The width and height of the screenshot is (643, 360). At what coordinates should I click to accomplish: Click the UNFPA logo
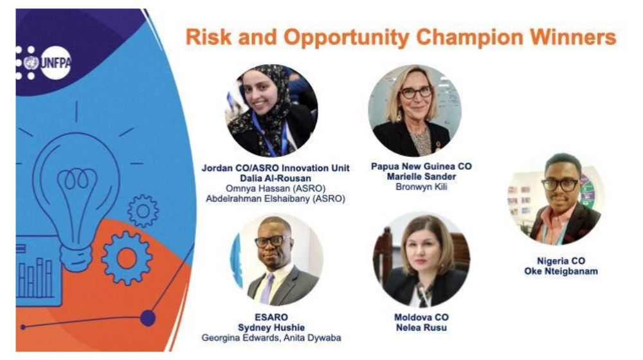[44, 63]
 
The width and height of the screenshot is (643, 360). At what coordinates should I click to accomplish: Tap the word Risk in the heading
[208, 37]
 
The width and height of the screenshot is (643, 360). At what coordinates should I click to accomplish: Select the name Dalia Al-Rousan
[276, 178]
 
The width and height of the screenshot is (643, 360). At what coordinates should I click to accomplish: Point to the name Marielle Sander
[421, 177]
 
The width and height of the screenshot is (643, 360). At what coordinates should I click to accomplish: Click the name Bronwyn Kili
[421, 187]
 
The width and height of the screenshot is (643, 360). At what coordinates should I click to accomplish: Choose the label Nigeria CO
[561, 261]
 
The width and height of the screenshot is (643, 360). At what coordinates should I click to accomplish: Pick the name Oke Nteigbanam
[561, 271]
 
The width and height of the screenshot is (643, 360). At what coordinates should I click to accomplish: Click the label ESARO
[271, 317]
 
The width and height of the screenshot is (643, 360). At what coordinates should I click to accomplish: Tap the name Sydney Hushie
[271, 328]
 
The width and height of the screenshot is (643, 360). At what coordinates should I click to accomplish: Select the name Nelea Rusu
[421, 328]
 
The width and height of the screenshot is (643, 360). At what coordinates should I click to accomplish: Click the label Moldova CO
[421, 318]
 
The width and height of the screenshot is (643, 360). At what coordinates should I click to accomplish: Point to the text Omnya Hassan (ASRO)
[276, 188]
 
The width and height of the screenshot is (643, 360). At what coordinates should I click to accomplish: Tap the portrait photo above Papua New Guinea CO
[415, 111]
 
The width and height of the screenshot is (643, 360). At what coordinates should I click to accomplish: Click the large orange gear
[126, 258]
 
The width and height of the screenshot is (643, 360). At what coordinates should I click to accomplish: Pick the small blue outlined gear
[143, 211]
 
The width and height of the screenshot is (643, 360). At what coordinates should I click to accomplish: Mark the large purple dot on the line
[148, 318]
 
